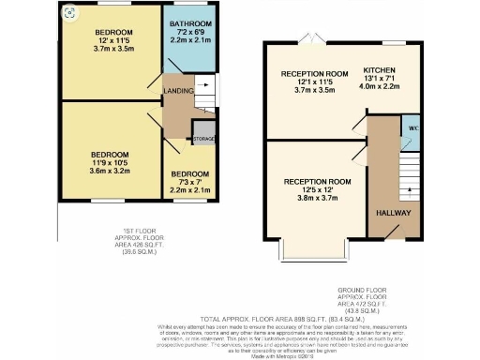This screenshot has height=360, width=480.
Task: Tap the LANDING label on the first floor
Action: pyautogui.click(x=177, y=90)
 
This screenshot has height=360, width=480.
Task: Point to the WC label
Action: pyautogui.click(x=409, y=127)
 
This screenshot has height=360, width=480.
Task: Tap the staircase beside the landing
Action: pyautogui.click(x=204, y=91)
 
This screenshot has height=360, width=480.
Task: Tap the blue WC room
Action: pyautogui.click(x=410, y=128)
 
